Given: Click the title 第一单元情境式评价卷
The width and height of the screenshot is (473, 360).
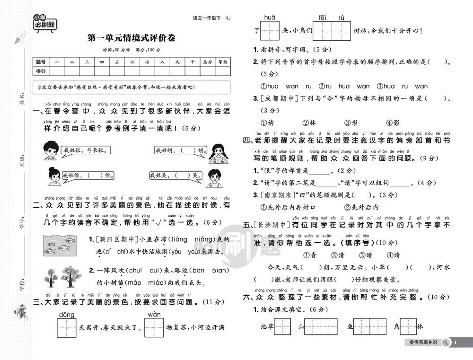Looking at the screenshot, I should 131,37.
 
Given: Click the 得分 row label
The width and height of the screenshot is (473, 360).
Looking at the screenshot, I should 40,71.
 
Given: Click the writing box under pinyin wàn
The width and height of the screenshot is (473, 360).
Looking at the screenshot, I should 154,327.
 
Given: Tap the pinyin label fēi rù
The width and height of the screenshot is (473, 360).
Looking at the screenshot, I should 331,18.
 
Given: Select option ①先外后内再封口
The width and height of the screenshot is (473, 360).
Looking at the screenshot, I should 288,207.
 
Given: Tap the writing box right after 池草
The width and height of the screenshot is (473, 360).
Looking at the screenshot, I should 282,326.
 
